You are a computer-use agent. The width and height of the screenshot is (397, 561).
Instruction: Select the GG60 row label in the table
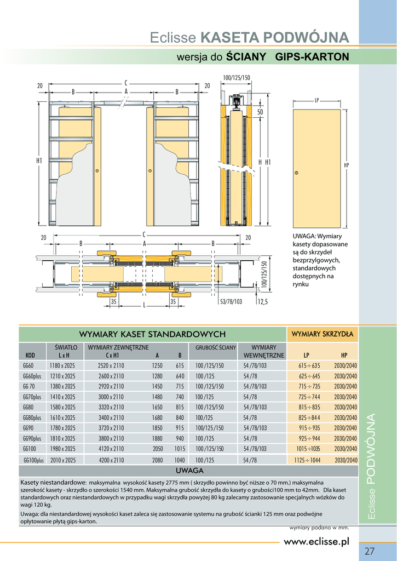(x=28, y=365)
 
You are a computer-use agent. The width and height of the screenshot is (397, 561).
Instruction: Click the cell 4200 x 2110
(x=111, y=460)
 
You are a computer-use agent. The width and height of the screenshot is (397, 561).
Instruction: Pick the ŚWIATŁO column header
(x=65, y=347)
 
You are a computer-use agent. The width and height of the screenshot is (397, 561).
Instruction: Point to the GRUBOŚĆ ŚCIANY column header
(x=216, y=347)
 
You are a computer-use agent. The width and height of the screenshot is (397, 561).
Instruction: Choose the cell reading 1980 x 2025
(x=63, y=448)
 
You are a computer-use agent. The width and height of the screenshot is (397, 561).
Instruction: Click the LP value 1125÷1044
(x=307, y=460)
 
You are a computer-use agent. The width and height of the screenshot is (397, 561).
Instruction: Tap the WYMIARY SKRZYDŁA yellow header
(x=323, y=334)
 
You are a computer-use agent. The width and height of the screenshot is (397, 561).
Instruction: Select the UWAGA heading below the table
(x=189, y=471)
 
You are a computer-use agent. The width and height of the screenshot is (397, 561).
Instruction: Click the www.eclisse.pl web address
(x=316, y=542)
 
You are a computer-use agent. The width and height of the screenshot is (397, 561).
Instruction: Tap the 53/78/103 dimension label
(x=231, y=301)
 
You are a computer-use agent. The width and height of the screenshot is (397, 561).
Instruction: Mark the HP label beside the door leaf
(x=346, y=165)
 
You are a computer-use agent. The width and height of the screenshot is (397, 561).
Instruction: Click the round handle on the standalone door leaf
(x=296, y=173)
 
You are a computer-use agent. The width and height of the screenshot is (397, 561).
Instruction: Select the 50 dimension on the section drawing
(x=260, y=112)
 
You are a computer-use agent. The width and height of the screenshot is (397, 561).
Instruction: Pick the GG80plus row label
(x=32, y=417)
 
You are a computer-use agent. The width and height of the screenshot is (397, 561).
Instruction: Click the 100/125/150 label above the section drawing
(x=236, y=78)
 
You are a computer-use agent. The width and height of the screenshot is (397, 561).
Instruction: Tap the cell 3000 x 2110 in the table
(x=111, y=397)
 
